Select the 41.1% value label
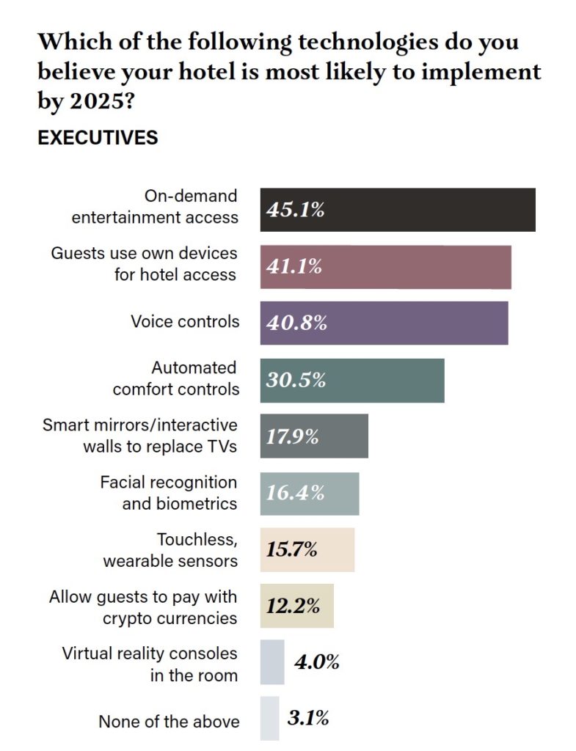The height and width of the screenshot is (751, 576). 294,266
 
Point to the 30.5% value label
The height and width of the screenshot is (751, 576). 296,380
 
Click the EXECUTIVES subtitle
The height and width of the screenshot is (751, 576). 98,137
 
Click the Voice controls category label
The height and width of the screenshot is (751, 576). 185,321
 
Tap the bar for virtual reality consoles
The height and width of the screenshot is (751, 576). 271,662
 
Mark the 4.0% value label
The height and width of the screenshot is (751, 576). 317,662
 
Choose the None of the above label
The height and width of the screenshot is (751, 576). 169,721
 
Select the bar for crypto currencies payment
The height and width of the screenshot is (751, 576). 296,606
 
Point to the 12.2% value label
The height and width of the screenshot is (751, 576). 293,606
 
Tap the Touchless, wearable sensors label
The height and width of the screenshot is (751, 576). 170,551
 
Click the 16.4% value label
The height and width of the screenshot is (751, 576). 295,493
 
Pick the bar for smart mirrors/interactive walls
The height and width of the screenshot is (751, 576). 314,436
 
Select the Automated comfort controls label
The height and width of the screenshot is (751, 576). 176,378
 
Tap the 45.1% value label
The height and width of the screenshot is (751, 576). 295,210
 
